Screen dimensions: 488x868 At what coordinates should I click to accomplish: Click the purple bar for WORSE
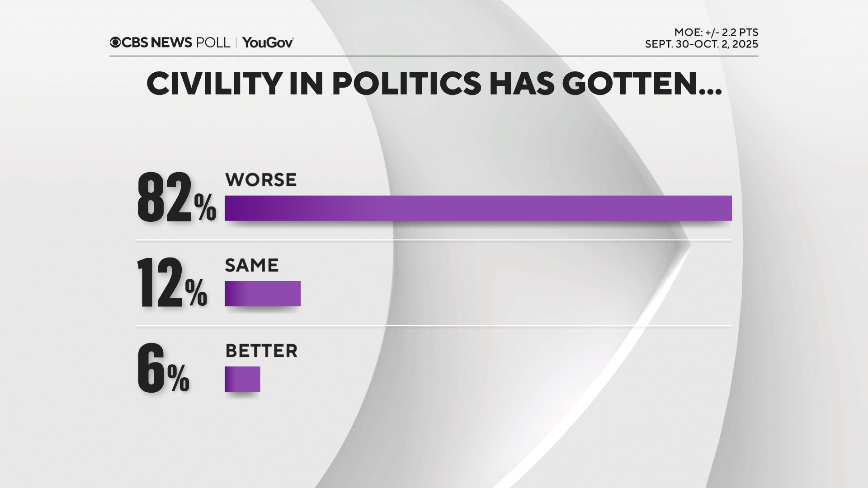(x=478, y=208)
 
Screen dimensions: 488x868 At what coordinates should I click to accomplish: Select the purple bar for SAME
(x=262, y=294)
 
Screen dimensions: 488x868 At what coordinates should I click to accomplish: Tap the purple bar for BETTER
(x=242, y=379)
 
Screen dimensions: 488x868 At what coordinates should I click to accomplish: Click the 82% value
(x=176, y=198)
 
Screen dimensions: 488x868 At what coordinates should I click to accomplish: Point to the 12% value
(x=172, y=283)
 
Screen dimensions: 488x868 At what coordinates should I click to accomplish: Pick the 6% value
(x=163, y=368)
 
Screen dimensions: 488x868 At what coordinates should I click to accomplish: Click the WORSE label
(x=261, y=180)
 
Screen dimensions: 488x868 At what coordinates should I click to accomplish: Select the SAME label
(x=252, y=265)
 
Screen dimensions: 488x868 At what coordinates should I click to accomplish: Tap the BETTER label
(x=261, y=351)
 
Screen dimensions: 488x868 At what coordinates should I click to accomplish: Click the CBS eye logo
(x=115, y=42)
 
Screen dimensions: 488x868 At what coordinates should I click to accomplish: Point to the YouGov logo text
(x=268, y=42)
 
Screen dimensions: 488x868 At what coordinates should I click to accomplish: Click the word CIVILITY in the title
(x=214, y=84)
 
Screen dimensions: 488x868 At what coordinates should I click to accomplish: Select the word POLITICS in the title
(x=407, y=84)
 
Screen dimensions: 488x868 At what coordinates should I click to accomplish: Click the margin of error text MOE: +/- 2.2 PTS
(x=716, y=33)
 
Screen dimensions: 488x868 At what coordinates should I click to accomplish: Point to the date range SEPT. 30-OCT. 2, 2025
(x=701, y=44)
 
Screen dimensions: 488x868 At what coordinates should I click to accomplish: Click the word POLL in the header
(x=213, y=42)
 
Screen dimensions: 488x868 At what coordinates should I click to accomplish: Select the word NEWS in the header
(x=171, y=42)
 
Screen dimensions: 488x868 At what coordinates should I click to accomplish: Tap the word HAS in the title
(x=522, y=84)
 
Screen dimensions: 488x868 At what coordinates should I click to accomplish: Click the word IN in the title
(x=306, y=84)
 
